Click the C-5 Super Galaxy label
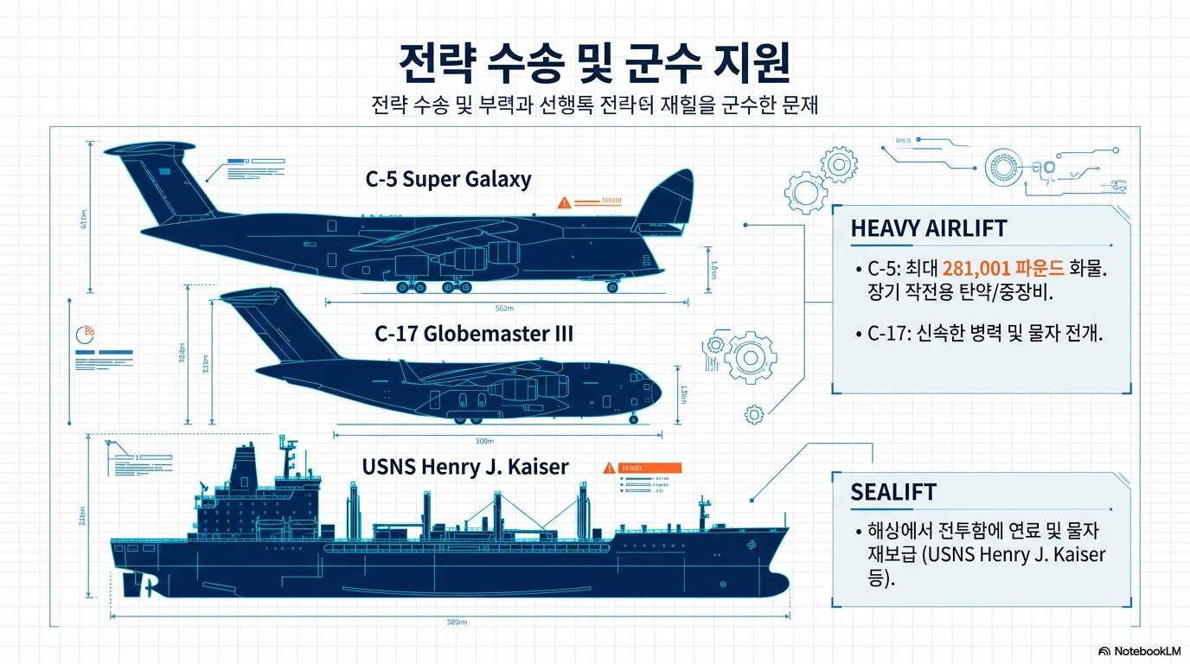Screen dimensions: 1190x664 pos(448,180)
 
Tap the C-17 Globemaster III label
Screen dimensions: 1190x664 pos(474,334)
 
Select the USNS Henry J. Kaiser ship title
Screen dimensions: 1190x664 pos(465,467)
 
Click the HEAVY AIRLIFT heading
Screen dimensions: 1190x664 pos(929,228)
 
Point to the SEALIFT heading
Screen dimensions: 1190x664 pos(893,492)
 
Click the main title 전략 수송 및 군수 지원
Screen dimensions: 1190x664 pos(594,64)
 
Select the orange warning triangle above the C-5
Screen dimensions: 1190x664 pos(565,203)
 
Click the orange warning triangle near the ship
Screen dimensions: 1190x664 pos(610,468)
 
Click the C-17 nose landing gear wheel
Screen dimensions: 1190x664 pos(635,419)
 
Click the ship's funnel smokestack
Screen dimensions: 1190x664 pos(245,467)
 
